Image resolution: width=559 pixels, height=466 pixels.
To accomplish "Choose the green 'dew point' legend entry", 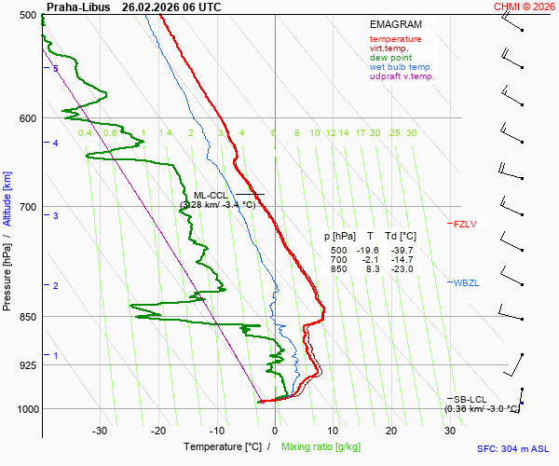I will pyautogui.click(x=390, y=58).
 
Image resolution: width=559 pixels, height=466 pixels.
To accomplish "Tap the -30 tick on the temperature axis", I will pyautogui.click(x=100, y=431).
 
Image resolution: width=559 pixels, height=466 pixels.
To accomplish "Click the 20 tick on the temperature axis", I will pyautogui.click(x=391, y=431).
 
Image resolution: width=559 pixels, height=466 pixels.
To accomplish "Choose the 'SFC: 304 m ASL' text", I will pyautogui.click(x=513, y=448).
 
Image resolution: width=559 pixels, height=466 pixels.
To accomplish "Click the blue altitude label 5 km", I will pyautogui.click(x=55, y=69).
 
